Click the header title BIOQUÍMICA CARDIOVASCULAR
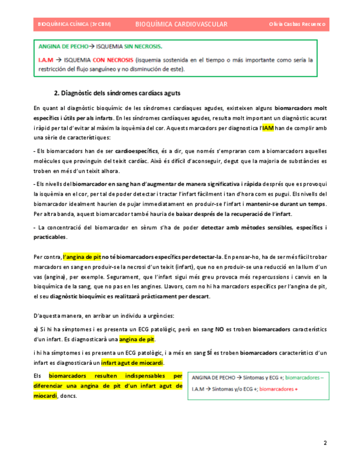(181, 24)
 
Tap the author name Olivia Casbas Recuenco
(297, 24)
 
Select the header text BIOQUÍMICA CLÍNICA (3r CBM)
(74, 24)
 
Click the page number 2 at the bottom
(325, 443)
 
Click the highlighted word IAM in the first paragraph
(268, 127)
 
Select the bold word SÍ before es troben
(209, 353)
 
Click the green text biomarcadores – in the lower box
(297, 378)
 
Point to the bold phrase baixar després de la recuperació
(214, 214)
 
